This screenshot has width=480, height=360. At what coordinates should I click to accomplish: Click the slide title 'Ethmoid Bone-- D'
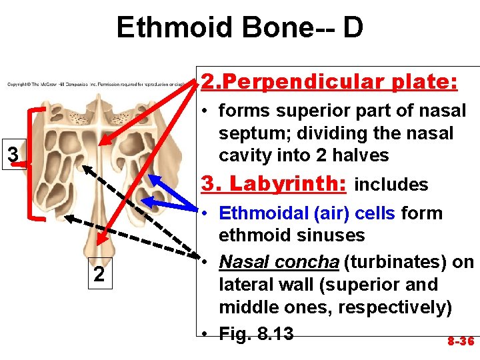pyautogui.click(x=240, y=28)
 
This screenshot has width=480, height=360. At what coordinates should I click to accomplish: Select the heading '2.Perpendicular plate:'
pyautogui.click(x=329, y=82)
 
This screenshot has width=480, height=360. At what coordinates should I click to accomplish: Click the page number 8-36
pyautogui.click(x=461, y=341)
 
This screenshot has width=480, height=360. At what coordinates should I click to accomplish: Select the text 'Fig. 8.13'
pyautogui.click(x=256, y=333)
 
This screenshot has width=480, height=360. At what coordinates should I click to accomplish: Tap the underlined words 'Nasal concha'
pyautogui.click(x=279, y=262)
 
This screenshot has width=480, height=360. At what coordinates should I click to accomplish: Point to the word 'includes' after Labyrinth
pyautogui.click(x=391, y=185)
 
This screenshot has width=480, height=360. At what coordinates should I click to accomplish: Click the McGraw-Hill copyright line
pyautogui.click(x=100, y=85)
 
